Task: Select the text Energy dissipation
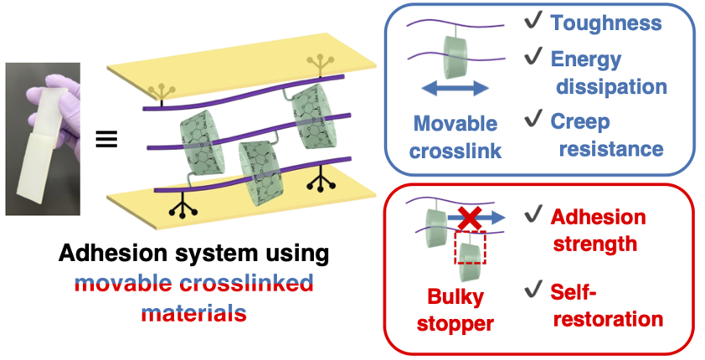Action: pos(608,73)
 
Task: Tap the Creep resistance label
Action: pos(606,135)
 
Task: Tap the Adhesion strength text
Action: pos(597,231)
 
